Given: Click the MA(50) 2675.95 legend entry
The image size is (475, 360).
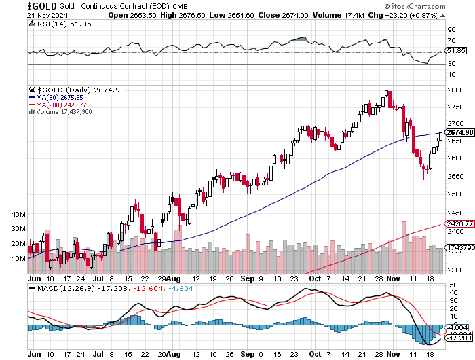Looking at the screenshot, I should pyautogui.click(x=60, y=97).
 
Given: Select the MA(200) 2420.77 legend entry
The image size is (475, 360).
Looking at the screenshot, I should pyautogui.click(x=62, y=105).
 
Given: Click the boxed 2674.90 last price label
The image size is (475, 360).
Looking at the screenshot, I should pyautogui.click(x=459, y=132).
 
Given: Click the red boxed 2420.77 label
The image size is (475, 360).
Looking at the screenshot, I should pyautogui.click(x=459, y=223).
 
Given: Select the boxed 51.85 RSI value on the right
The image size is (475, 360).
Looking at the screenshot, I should pyautogui.click(x=454, y=51).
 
